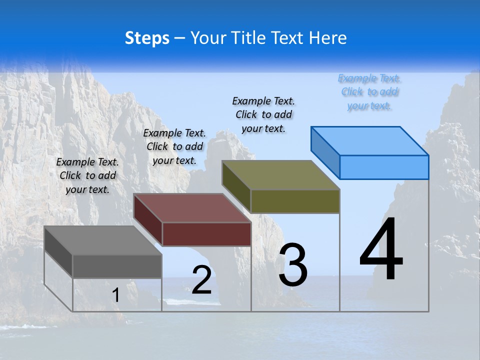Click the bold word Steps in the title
coord(147,38)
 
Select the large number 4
coord(381,249)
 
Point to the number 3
coord(293,264)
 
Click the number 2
coord(202,280)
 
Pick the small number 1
coord(116,295)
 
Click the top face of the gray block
coord(102,240)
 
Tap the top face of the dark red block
coord(192,208)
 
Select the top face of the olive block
coord(280,175)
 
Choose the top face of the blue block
coord(369,140)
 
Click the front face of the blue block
coord(384,167)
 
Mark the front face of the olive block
coord(295,201)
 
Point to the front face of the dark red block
coord(206,234)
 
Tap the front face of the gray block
coord(117,266)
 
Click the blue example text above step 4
coord(369,92)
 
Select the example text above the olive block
coord(263,114)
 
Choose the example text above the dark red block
coord(174,146)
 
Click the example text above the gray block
coord(87,175)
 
